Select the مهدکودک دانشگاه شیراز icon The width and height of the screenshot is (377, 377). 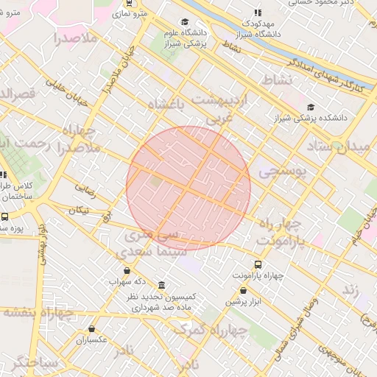(257, 13)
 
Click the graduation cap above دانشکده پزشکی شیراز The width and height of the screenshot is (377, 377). (310, 107)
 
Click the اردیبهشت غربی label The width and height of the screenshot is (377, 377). (221, 107)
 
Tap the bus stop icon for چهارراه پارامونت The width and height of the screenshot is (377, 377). (257, 264)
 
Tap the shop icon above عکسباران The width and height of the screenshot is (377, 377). (92, 329)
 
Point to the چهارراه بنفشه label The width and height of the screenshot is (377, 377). (38, 311)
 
